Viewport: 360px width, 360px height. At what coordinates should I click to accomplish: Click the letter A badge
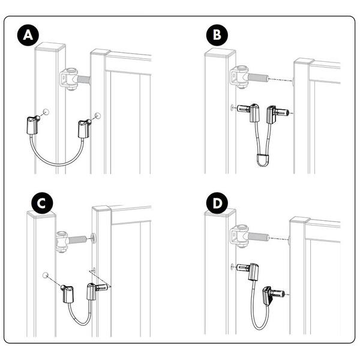[x=28, y=35]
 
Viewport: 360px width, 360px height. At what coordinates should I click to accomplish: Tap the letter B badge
[x=217, y=35]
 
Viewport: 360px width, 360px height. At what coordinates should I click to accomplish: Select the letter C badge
[x=42, y=203]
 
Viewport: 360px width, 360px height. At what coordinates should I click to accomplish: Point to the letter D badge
[x=217, y=203]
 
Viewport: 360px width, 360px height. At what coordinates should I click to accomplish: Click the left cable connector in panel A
[x=33, y=125]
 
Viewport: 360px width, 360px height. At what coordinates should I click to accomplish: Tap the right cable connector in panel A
[x=85, y=128]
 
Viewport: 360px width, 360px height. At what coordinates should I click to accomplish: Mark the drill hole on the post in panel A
[x=46, y=112]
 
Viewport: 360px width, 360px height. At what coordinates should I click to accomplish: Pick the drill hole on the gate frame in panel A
[x=98, y=115]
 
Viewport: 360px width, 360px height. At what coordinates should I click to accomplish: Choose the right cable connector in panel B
[x=277, y=114]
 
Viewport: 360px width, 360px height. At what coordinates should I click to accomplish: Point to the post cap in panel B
[x=220, y=53]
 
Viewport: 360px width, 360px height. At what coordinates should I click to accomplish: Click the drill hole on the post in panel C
[x=46, y=275]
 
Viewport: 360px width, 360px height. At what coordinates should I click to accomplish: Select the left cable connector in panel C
[x=67, y=293]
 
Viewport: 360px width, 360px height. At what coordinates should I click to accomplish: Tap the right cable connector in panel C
[x=97, y=291]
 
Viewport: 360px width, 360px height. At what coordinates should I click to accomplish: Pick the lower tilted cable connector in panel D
[x=273, y=295]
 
